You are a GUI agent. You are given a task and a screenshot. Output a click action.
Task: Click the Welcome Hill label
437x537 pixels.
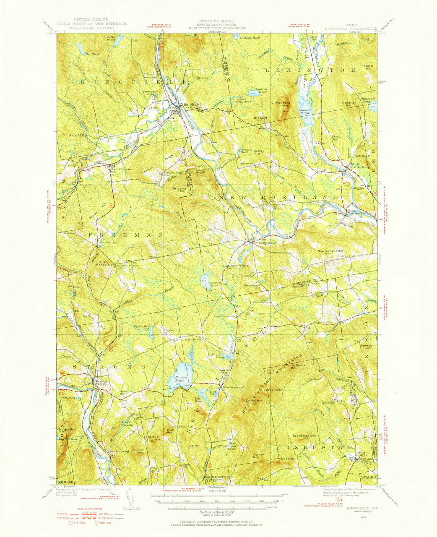(179, 190)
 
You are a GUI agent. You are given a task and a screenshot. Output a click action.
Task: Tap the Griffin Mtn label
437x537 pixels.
(254, 401)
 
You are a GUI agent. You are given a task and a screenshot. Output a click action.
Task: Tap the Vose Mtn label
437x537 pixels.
(192, 36)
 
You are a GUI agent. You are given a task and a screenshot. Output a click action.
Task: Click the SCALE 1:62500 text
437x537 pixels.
(218, 491)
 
